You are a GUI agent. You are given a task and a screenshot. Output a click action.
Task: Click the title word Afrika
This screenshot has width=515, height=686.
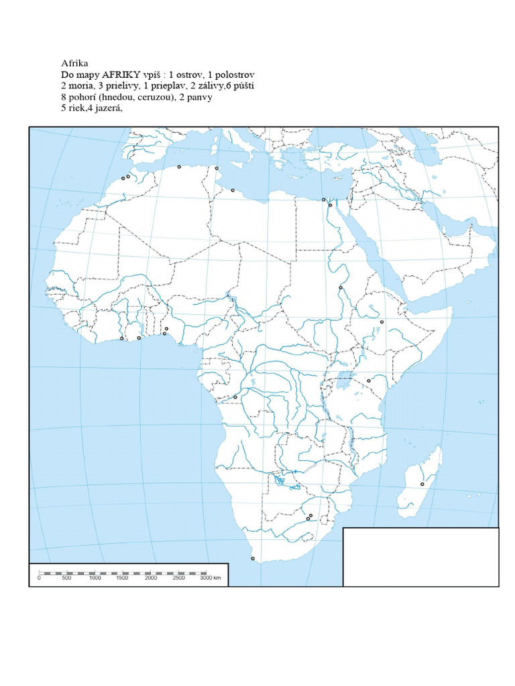(x=74, y=64)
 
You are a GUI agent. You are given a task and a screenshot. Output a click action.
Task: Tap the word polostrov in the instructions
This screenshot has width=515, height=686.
(x=234, y=74)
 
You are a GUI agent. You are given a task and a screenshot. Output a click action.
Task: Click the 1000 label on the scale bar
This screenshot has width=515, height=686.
(x=95, y=577)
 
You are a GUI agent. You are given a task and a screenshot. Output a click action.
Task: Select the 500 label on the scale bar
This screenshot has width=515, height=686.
(x=66, y=577)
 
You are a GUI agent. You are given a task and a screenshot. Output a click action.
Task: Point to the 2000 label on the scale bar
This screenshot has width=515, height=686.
(x=151, y=577)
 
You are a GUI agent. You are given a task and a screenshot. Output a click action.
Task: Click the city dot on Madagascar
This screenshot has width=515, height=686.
(x=422, y=484)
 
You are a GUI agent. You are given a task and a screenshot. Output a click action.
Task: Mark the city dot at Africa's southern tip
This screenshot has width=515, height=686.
(x=253, y=558)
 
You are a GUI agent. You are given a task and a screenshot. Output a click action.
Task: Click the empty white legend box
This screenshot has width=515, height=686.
(x=420, y=556)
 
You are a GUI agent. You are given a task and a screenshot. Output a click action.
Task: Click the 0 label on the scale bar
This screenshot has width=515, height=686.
(x=39, y=577)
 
